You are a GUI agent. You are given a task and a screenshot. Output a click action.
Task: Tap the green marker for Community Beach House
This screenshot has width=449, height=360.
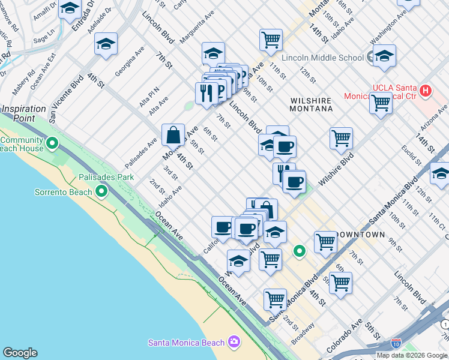pyautogui.click(x=52, y=144)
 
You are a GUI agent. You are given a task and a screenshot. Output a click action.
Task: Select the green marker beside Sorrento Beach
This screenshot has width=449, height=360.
pyautogui.click(x=101, y=192)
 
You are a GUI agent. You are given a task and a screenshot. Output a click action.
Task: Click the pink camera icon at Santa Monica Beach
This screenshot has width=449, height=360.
pyautogui.click(x=234, y=342)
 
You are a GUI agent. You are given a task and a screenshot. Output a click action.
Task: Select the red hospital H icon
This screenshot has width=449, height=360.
pyautogui.click(x=426, y=91)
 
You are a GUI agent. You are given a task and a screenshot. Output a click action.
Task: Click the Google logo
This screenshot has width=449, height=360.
pyautogui.click(x=20, y=353)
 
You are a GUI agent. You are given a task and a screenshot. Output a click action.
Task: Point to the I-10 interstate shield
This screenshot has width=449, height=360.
pyautogui.click(x=396, y=343)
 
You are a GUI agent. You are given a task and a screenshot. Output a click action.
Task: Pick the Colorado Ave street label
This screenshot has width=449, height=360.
pyautogui.click(x=344, y=342)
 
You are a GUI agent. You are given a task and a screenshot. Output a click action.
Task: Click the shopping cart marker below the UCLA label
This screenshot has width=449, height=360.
pyautogui.click(x=381, y=103)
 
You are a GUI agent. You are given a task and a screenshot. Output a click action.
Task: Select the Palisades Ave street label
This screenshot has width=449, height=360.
pyautogui.click(x=141, y=154)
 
